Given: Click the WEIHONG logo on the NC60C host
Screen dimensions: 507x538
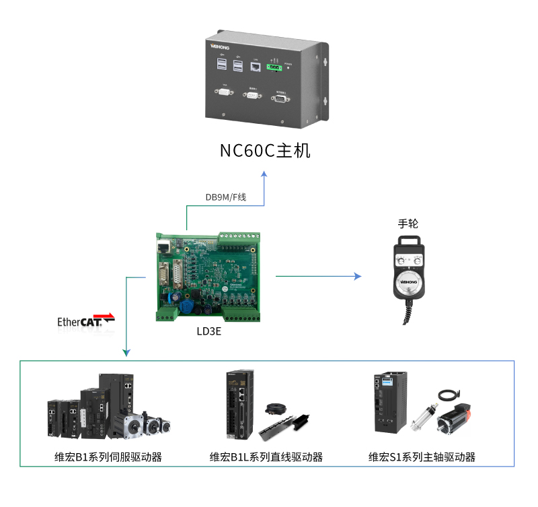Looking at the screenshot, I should point(221,48).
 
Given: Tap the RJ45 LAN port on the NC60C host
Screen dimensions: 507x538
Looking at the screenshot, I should point(256,66).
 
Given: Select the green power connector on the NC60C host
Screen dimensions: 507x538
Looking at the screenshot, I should point(274,66).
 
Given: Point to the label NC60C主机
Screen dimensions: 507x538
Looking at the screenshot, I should point(265,150).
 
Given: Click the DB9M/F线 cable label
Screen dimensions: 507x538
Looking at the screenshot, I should point(226,197).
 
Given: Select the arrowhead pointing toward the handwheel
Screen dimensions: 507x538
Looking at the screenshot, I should point(357,276).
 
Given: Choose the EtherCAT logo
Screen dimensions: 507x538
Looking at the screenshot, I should point(85,320).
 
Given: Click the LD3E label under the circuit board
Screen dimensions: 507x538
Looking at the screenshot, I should point(208,331).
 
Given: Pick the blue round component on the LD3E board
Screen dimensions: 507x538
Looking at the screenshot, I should point(188,306).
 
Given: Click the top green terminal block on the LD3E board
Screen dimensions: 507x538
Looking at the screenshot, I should point(238,236).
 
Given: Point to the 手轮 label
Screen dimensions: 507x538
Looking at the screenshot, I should point(408,224).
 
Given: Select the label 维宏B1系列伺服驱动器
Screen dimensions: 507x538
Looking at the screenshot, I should point(108,457).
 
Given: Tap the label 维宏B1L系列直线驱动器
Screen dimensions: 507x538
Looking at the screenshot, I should point(266,457).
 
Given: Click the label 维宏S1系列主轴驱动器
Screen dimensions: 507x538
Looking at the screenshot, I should point(422,457).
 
